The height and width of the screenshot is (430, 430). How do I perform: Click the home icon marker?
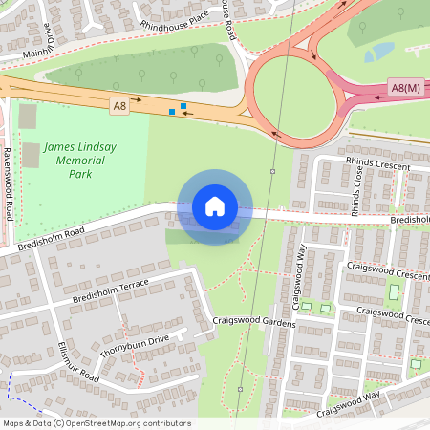click(x=215, y=206)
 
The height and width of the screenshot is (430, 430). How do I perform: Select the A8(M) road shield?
click(x=406, y=89)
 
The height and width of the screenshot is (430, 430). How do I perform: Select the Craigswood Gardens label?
click(x=255, y=322)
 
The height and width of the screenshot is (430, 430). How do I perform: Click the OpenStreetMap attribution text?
click(x=97, y=423)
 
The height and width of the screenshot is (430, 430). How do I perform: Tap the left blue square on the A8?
click(x=172, y=112)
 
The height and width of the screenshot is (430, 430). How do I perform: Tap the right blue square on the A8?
click(x=183, y=105)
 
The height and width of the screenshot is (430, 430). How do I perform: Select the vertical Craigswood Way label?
click(x=299, y=277)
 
